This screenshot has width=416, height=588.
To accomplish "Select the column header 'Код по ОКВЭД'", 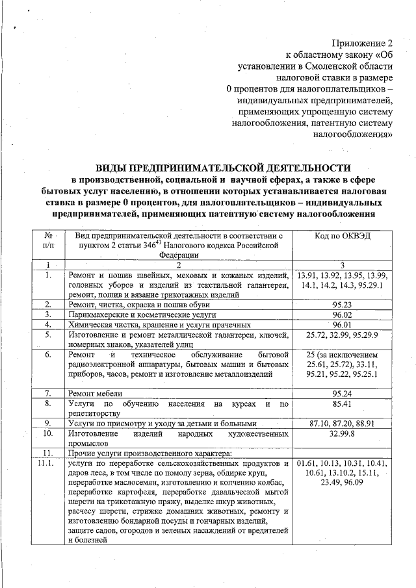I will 342,236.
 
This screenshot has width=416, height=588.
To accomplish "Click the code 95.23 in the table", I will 341,303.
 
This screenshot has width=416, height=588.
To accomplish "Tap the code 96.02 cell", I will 341,314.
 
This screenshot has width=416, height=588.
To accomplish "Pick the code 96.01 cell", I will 341,324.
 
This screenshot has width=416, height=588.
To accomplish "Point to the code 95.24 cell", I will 341,393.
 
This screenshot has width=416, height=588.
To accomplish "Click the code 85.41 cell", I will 341,403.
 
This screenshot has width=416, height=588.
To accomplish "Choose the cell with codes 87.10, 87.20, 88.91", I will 341,422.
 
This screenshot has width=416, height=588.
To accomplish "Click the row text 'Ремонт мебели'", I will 96,394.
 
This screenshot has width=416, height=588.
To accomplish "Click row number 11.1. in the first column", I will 47,463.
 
